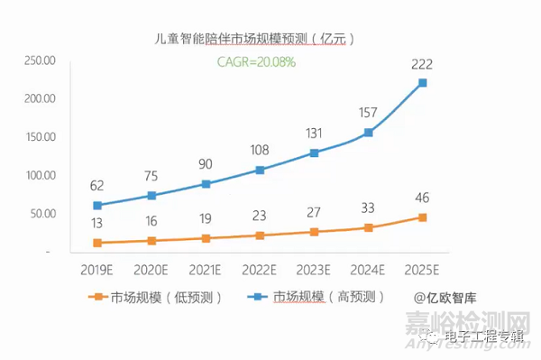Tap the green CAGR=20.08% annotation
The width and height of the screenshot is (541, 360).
(x=255, y=62)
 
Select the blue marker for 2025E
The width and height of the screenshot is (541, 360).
(x=422, y=83)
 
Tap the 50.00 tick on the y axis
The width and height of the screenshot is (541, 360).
(x=41, y=215)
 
